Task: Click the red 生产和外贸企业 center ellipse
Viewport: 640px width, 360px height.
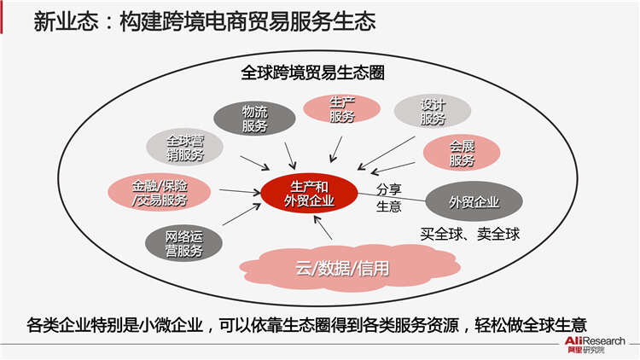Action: tap(309, 194)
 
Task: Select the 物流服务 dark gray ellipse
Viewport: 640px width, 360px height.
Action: tap(254, 119)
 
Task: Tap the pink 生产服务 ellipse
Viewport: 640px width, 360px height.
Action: tap(341, 108)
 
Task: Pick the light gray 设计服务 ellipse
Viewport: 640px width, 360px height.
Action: tap(433, 112)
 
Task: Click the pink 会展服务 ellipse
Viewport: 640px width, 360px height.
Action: tap(462, 153)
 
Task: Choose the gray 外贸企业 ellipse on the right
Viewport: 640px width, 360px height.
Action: tap(474, 201)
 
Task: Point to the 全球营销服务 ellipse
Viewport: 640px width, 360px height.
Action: tap(185, 148)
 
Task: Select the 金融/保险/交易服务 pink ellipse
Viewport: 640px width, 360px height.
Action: tap(160, 192)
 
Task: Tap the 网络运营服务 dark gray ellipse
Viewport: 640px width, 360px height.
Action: tap(183, 243)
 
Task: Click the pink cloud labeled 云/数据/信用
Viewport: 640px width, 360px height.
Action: tap(350, 268)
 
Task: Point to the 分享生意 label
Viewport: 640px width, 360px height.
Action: tap(388, 198)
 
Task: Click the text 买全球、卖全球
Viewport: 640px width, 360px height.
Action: tap(470, 234)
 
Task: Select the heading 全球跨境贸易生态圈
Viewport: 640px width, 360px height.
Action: tap(312, 73)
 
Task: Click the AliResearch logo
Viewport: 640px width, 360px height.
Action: tap(594, 345)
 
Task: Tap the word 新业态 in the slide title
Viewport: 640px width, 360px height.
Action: tap(66, 20)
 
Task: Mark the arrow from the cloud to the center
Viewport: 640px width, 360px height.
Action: tap(323, 228)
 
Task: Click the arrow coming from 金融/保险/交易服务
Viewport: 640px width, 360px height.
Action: tap(240, 191)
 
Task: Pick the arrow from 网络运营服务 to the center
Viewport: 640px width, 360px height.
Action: tap(241, 214)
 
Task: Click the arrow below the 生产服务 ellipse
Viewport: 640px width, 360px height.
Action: tap(336, 149)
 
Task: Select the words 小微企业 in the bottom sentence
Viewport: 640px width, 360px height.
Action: tap(171, 325)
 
